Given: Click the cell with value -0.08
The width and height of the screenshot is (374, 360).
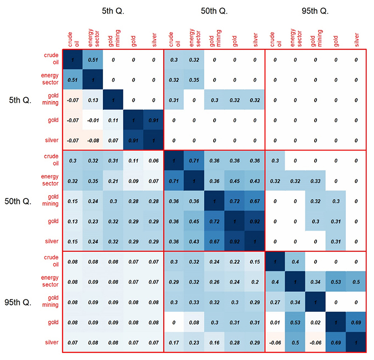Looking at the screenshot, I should [93, 140].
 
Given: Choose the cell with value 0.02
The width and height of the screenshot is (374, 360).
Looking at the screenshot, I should [316, 322].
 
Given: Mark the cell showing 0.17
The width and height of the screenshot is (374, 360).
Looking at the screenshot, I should [174, 342].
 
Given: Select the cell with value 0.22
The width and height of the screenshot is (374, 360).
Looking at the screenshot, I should [235, 261].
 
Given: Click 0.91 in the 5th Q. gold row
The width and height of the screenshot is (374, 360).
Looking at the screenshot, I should [153, 120].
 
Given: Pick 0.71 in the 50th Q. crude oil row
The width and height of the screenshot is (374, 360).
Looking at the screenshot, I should [194, 160].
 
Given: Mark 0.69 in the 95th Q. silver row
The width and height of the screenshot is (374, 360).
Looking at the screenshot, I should [336, 342].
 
